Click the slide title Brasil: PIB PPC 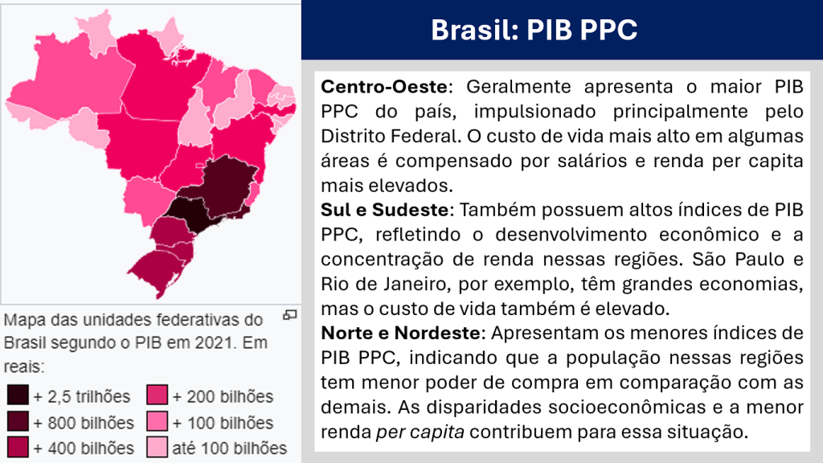point(534,30)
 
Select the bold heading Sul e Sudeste point(385,210)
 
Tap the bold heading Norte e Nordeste point(400,333)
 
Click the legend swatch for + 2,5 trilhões point(18,395)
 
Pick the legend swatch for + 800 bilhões point(18,421)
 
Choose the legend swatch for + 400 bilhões point(18,447)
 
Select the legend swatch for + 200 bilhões point(157,395)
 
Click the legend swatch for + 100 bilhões point(157,421)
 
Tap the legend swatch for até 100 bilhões point(157,447)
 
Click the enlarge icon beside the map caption point(289,315)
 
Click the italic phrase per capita point(420,432)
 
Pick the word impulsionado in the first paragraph point(534,112)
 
